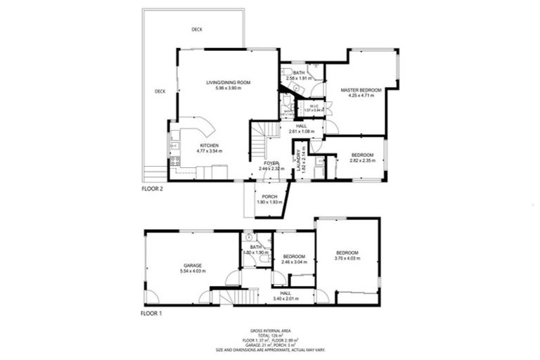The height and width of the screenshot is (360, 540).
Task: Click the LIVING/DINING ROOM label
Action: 228,83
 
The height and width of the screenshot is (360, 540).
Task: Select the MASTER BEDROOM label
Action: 361,90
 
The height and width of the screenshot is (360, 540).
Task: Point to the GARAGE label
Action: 192,265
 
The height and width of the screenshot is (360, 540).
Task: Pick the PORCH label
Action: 268,196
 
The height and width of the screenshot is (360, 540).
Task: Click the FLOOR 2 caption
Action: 152,189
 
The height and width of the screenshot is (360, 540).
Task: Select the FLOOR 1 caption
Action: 152,313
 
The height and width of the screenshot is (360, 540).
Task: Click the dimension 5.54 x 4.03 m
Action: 193,271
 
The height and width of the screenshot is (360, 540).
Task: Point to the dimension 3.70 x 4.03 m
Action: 347,258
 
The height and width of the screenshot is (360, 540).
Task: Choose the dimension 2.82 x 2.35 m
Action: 363,160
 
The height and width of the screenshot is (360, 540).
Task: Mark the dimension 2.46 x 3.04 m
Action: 293,262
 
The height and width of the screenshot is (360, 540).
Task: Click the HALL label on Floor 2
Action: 291,126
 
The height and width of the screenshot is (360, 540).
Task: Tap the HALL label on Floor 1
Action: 285,293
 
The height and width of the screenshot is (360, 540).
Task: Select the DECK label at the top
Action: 198,30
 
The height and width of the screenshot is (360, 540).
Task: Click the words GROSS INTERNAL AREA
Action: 271,330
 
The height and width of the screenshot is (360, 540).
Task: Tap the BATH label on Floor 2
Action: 299,73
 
